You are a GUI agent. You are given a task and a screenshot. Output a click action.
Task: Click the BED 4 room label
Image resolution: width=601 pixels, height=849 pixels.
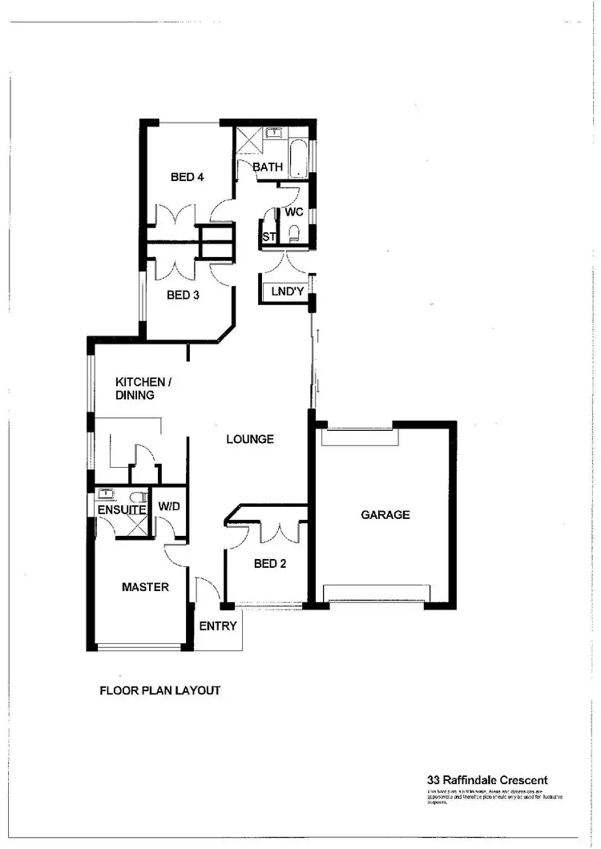187,177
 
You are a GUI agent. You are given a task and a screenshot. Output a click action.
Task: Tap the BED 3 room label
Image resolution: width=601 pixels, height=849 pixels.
183,295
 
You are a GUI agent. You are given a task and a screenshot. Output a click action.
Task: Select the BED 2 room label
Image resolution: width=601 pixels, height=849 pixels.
270,563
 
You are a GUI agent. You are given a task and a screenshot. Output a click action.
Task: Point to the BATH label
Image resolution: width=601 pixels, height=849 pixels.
268,167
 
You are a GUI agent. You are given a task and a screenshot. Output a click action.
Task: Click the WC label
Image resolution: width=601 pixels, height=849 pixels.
294,213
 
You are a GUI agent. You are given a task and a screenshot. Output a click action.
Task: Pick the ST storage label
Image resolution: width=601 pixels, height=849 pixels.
269,237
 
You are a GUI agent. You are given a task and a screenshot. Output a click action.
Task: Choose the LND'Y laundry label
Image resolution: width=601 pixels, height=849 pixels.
287,292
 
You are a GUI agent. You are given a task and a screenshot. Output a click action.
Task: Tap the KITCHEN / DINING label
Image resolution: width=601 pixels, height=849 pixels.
141,388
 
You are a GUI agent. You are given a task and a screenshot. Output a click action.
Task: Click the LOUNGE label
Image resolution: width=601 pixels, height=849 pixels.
250,439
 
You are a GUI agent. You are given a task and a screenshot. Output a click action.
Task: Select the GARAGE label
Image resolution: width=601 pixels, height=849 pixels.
385,514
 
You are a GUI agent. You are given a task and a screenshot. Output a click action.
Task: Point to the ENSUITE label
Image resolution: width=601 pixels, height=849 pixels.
122,509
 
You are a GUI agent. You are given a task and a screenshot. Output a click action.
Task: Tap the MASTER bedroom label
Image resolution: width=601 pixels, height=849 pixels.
145,587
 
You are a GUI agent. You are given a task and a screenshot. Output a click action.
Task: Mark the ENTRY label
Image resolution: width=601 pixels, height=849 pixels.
218,626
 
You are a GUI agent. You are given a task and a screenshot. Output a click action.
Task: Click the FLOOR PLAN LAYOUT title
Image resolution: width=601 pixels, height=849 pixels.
159,690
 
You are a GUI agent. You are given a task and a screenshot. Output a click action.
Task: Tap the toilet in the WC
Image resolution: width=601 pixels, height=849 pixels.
294,233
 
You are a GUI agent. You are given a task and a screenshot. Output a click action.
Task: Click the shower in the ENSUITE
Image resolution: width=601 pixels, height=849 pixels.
133,525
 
